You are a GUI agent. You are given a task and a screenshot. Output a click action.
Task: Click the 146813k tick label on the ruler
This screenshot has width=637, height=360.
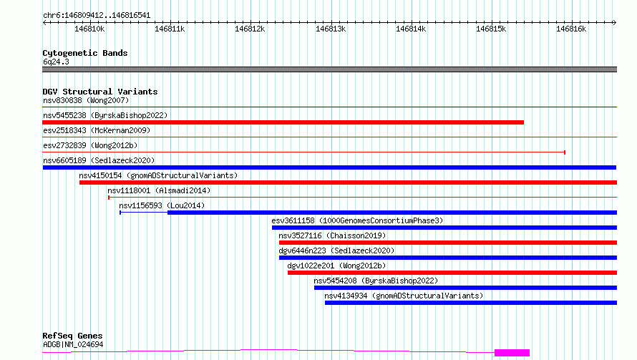tap(331, 29)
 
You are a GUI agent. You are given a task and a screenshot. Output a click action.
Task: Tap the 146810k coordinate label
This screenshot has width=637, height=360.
tap(89, 29)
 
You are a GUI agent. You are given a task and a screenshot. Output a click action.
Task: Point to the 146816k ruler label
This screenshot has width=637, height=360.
tap(571, 29)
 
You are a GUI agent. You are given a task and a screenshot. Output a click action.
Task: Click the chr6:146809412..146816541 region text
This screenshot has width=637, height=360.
tap(97, 16)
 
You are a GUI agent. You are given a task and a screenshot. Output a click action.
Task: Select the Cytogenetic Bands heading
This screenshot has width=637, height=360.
tap(85, 53)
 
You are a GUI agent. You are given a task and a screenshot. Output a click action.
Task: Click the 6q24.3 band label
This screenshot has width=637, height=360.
tap(56, 62)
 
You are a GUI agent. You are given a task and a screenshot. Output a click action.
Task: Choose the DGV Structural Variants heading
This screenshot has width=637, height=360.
tap(100, 92)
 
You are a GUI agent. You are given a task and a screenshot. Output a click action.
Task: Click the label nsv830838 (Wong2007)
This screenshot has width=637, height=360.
tap(86, 100)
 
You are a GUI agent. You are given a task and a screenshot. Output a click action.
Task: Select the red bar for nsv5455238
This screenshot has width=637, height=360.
tap(283, 122)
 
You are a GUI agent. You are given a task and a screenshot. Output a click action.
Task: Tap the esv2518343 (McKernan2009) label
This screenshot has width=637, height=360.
tap(97, 130)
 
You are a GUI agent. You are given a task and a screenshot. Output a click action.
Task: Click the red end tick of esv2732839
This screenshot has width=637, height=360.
tap(565, 152)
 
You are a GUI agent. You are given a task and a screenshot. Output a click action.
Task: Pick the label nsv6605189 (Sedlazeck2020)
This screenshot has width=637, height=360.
tap(99, 160)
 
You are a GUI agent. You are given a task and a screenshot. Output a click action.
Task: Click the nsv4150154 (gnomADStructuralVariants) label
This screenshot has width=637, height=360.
tap(158, 175)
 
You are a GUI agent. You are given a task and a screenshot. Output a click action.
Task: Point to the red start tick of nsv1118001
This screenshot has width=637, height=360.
tap(109, 198)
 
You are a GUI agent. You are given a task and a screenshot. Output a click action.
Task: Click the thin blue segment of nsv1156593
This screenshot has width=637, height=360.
tap(144, 212)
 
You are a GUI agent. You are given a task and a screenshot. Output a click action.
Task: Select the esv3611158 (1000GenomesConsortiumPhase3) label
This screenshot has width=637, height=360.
tap(357, 220)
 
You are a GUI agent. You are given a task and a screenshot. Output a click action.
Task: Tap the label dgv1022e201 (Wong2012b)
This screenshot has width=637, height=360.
tap(336, 266)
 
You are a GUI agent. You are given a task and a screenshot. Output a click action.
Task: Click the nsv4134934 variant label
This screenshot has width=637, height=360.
tap(404, 296)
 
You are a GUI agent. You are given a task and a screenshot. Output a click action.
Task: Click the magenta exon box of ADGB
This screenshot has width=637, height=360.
tap(512, 353)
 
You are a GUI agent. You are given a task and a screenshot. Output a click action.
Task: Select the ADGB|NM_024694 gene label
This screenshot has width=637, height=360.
tap(73, 344)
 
